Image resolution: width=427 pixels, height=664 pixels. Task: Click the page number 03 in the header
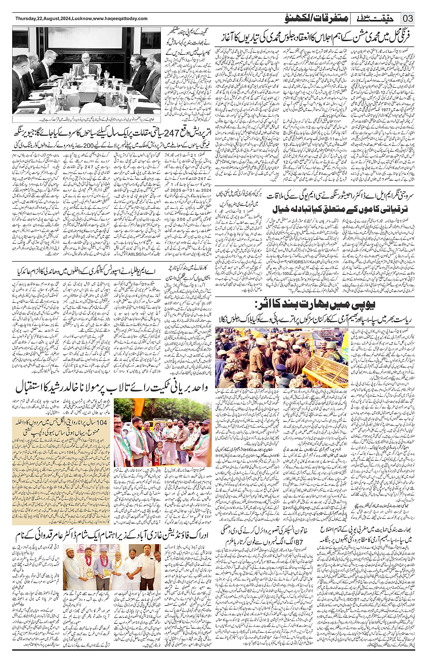[x=408, y=19]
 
